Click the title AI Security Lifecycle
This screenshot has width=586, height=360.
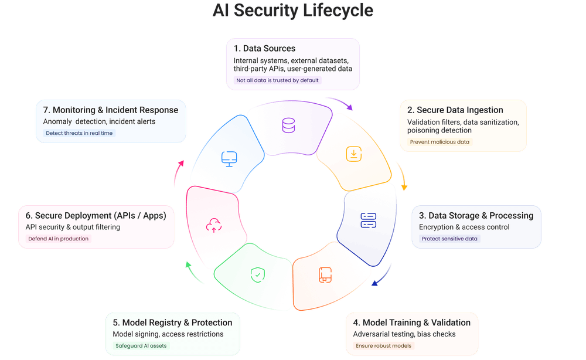[293, 11]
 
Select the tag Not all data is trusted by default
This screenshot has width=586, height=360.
[278, 80]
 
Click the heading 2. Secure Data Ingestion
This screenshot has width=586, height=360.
[455, 110]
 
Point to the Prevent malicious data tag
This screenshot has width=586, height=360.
[439, 142]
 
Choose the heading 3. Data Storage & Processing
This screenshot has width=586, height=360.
[476, 215]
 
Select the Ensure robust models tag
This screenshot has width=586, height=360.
[384, 346]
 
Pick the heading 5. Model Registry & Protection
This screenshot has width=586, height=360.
[172, 322]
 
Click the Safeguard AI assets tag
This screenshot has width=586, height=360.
[141, 346]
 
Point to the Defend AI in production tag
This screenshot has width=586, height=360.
[59, 239]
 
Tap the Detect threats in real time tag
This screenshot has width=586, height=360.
[80, 133]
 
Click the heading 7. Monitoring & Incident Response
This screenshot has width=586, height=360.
[111, 110]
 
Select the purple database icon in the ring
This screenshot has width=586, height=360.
[288, 125]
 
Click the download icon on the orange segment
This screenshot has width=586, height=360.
[353, 154]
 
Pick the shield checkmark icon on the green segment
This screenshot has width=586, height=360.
[256, 273]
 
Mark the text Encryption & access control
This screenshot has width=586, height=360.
[464, 227]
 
